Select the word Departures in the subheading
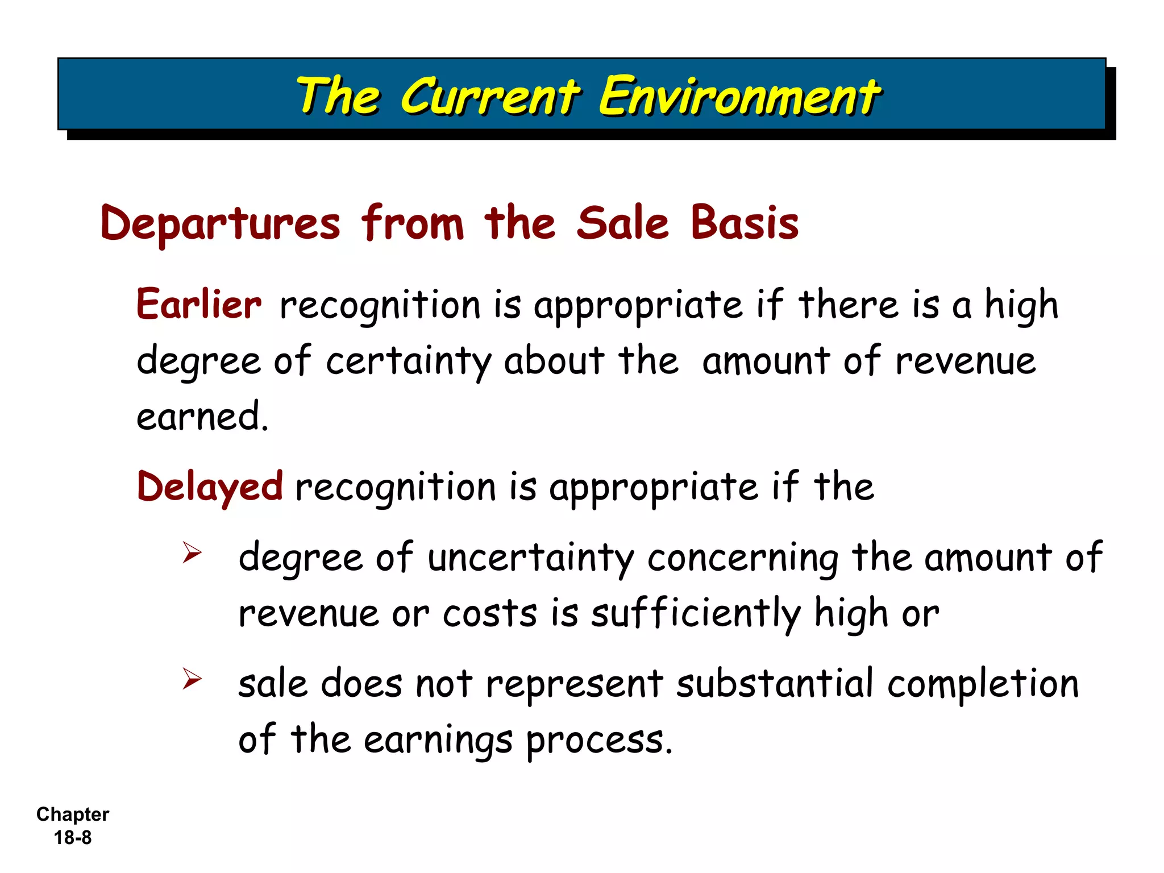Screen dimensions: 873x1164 click(x=221, y=223)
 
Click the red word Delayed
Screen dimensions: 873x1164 click(x=210, y=487)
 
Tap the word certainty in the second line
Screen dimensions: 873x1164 click(x=408, y=361)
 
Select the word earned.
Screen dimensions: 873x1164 click(x=202, y=416)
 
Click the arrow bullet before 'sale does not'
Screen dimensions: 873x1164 click(x=192, y=679)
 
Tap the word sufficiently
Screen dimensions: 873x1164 click(x=696, y=614)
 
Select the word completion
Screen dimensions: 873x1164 click(x=983, y=683)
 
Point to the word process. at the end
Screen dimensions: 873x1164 click(x=599, y=740)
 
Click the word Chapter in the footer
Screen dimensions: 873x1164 click(x=73, y=814)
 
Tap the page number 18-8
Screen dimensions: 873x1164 click(x=73, y=838)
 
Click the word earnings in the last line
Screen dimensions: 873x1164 click(x=438, y=740)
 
